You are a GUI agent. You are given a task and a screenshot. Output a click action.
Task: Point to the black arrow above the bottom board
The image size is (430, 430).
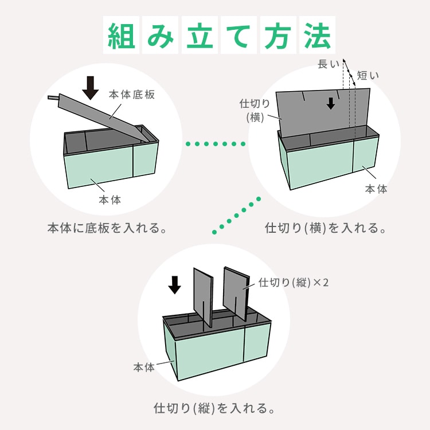(90, 87)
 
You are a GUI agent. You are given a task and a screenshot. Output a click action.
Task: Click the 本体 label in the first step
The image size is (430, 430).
(110, 200)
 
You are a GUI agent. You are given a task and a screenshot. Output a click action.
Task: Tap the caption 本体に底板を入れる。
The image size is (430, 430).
(107, 228)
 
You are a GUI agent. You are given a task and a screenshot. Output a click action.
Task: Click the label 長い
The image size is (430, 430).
(329, 65)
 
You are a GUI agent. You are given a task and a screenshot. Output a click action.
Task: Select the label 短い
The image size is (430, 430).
(368, 75)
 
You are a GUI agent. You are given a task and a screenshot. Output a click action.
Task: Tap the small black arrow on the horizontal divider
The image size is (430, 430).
(331, 103)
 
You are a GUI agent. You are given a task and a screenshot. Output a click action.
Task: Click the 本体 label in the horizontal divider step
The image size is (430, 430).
(376, 189)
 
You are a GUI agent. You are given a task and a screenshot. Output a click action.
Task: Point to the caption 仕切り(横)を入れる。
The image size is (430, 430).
(325, 228)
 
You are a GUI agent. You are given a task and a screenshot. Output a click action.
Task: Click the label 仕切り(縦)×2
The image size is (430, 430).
(293, 283)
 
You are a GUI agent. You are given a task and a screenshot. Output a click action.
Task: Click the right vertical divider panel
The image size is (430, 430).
(236, 292)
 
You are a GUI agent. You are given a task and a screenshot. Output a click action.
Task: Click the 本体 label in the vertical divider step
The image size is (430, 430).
(144, 367)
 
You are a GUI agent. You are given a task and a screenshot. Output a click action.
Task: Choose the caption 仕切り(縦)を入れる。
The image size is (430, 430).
(214, 408)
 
